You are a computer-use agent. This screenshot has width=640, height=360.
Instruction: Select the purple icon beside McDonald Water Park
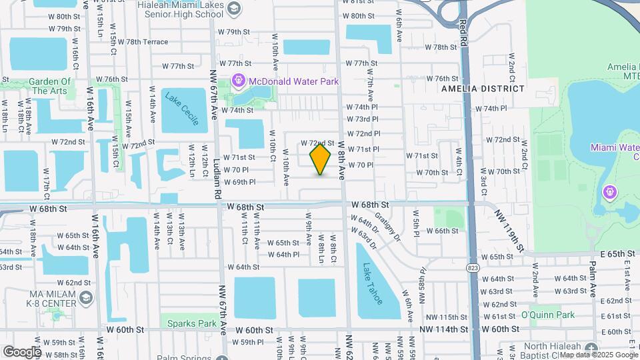pos(238,81)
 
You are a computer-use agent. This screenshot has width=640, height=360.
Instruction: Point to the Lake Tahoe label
pos(373,283)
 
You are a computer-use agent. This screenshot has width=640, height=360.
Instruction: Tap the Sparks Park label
pos(191,323)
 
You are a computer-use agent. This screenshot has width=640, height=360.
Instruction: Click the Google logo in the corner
pos(21,351)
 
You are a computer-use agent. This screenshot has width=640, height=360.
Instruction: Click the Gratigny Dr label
pos(387,225)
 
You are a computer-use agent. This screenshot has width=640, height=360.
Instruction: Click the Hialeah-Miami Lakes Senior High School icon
pos(234,8)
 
